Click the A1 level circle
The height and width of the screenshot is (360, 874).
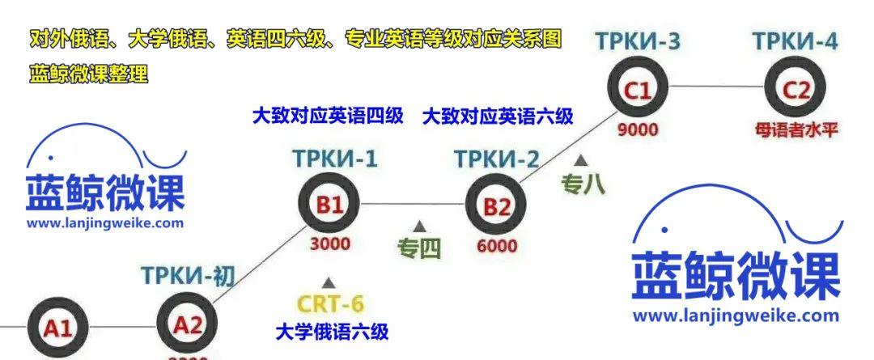(57, 328)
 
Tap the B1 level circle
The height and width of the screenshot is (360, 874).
(329, 205)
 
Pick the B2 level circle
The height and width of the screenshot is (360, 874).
(497, 206)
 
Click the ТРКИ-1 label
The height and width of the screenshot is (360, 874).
(335, 159)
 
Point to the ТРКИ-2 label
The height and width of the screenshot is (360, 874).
(496, 159)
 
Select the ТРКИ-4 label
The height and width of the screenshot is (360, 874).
(795, 40)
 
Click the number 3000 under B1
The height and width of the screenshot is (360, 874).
(330, 243)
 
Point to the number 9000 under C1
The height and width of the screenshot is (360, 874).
(638, 129)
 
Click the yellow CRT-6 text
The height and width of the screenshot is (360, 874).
(330, 304)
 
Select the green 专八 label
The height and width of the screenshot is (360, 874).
(582, 184)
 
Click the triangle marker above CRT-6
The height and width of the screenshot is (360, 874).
(329, 282)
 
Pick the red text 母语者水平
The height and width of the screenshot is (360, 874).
(796, 129)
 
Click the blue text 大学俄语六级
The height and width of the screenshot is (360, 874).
(332, 331)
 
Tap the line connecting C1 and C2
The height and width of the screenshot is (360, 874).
(716, 86)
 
